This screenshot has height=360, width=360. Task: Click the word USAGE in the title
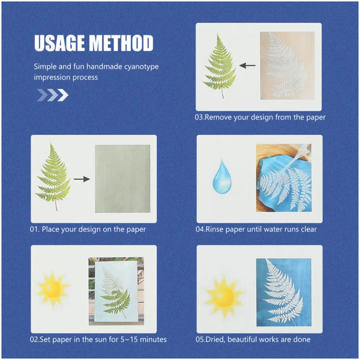[60, 43]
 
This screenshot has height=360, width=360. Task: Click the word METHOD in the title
[121, 43]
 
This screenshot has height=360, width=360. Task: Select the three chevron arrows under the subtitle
[53, 95]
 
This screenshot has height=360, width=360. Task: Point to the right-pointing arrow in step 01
[82, 179]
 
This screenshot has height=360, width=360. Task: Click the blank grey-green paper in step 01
[122, 179]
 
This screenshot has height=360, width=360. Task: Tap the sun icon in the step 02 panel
[53, 289]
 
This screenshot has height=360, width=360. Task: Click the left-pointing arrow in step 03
[247, 66]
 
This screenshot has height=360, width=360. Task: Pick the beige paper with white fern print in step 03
[287, 65]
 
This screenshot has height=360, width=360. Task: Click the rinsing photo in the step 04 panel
[283, 178]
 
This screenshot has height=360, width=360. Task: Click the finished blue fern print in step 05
[283, 292]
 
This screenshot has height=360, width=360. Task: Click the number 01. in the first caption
[35, 229]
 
